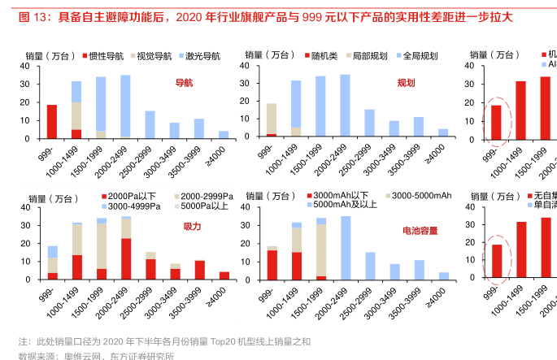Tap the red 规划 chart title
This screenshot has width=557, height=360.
(406, 83)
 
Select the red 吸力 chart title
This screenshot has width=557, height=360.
(192, 226)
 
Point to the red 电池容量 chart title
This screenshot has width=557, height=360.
(420, 231)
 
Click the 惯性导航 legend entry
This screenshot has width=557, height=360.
(102, 56)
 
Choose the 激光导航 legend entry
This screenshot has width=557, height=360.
(198, 56)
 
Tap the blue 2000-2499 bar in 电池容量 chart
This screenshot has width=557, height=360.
(345, 248)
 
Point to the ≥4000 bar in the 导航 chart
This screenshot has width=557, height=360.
(224, 135)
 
